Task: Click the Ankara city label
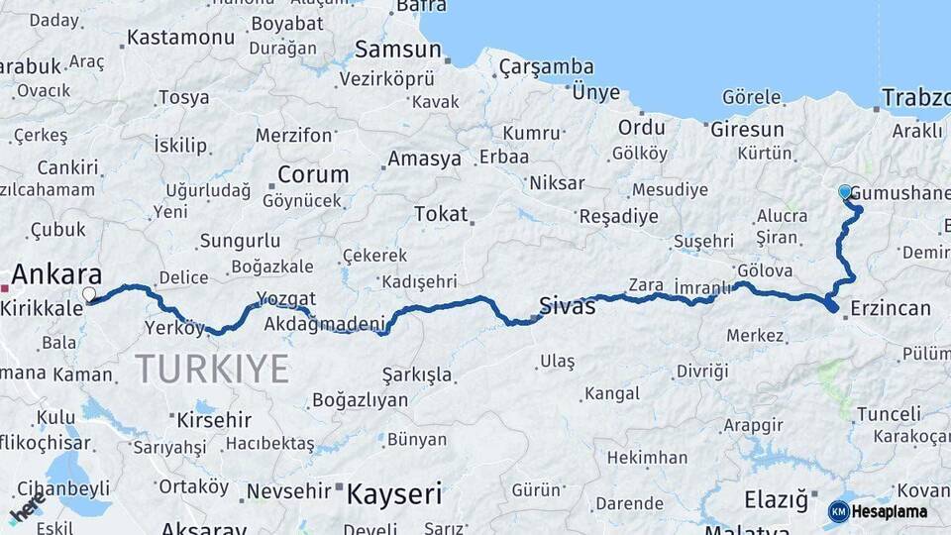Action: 56,274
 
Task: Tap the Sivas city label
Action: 568,305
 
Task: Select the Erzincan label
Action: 891,308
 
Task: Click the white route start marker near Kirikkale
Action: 89,294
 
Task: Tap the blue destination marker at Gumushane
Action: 845,192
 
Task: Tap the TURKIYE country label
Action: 212,369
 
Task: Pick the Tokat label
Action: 441,213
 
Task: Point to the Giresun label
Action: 747,129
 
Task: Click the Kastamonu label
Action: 180,38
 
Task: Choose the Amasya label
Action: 424,159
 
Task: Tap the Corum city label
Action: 313,174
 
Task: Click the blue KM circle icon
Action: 838,511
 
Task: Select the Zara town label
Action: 646,284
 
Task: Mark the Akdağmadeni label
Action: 324,323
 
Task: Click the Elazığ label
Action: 776,500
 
